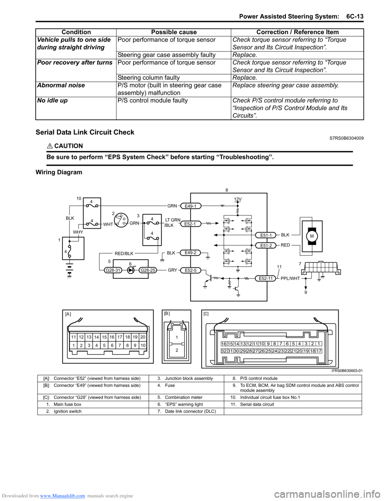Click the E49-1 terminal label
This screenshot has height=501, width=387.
coord(190,206)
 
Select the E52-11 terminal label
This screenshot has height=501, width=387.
coord(266,278)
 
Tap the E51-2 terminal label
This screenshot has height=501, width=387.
coord(266,245)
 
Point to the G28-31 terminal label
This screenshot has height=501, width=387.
coord(113,270)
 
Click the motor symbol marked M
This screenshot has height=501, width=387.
coord(312,236)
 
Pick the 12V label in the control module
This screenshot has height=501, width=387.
coord(238,199)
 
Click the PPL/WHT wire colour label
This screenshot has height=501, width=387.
coord(290,278)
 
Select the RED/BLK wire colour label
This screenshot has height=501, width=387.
coord(124,254)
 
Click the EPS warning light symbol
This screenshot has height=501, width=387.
coord(131,270)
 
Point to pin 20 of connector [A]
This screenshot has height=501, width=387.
coord(143,337)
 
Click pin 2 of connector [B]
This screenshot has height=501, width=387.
coord(177,350)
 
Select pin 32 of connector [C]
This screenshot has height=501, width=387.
coord(224,351)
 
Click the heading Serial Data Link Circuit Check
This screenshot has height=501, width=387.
coord(85,132)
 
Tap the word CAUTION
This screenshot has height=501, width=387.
coord(69,146)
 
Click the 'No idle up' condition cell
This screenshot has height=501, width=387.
coord(52,100)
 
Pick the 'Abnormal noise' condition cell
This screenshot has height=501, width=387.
coord(61,85)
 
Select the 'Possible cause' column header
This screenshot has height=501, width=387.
coord(174,32)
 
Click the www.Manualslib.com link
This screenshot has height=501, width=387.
coord(62,496)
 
